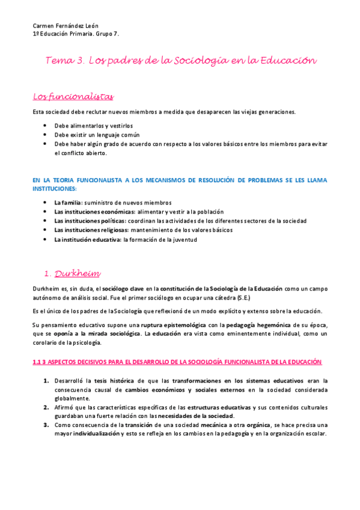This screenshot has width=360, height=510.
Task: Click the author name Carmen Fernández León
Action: click(64, 26)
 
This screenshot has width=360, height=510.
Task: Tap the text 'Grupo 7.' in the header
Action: click(108, 34)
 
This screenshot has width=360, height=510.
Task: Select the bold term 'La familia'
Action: click(67, 203)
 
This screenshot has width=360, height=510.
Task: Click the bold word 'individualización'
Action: click(96, 434)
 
